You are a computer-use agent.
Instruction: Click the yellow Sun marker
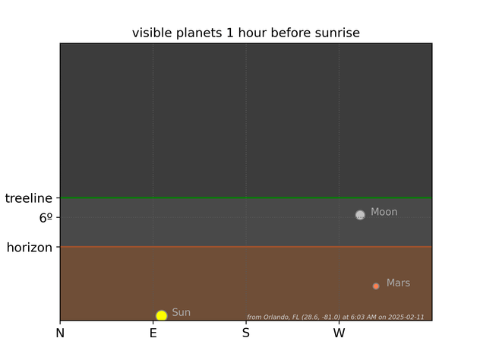click(x=161, y=315)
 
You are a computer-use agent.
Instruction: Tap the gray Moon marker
click(x=360, y=215)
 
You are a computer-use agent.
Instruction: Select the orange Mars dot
click(x=376, y=286)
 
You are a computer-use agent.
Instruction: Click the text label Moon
click(x=384, y=212)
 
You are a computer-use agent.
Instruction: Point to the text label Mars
click(x=398, y=283)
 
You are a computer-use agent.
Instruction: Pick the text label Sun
click(x=182, y=312)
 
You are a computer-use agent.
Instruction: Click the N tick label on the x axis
click(x=60, y=333)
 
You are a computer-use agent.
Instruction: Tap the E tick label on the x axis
click(x=153, y=333)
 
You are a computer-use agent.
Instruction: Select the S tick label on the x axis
click(x=246, y=333)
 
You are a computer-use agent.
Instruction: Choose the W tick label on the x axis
click(x=339, y=333)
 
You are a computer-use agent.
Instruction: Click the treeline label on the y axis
click(x=28, y=198)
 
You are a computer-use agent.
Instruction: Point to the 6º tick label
click(x=46, y=218)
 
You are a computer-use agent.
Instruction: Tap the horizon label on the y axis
click(x=30, y=248)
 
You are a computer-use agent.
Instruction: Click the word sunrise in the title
click(x=337, y=33)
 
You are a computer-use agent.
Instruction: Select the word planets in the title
click(x=199, y=33)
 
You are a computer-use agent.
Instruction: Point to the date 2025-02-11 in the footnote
click(x=406, y=317)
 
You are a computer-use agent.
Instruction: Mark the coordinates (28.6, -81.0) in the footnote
click(x=321, y=317)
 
